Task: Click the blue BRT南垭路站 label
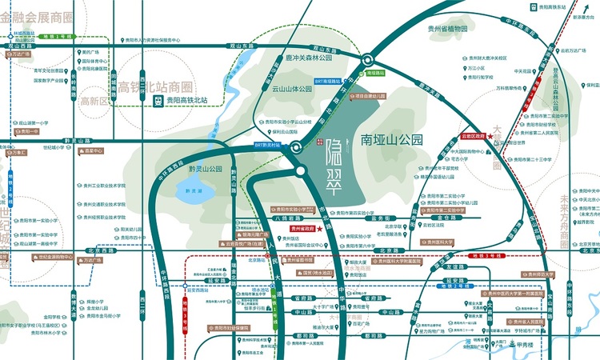[x=329, y=81]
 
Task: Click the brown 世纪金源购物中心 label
[x=57, y=258]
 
